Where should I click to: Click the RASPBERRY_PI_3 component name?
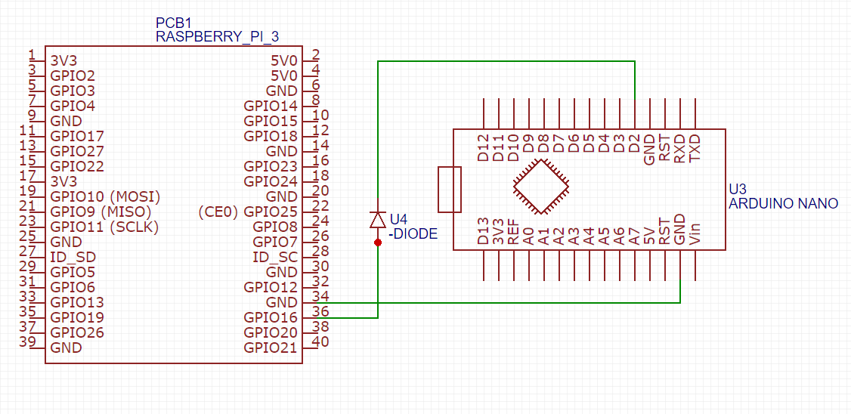coord(218,36)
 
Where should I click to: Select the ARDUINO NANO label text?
coord(783,204)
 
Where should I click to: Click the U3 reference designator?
coord(737,190)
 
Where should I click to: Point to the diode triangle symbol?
coord(378,220)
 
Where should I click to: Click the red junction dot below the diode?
coord(378,242)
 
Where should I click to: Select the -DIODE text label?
coord(413,234)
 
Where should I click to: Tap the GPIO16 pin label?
coord(271,317)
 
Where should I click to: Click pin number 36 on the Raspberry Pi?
coord(320,311)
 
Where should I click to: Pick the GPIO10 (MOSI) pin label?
coord(105,196)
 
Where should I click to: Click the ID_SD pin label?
coord(73,257)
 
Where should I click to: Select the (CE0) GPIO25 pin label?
coord(248,212)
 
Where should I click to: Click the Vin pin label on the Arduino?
coord(695,234)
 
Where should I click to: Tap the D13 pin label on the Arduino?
coord(484,231)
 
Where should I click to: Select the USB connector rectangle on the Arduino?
coord(449,189)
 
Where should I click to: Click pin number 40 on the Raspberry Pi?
coord(320,341)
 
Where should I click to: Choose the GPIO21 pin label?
coord(271,348)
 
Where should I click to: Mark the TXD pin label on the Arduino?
coord(695,147)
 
